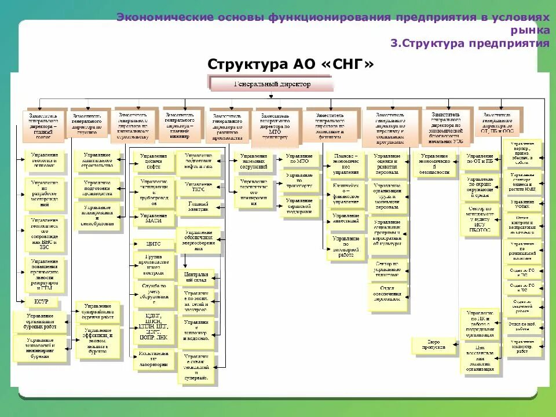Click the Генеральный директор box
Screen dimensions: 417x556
(x=272, y=85)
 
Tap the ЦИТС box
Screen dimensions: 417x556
(x=153, y=243)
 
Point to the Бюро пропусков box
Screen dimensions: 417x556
(x=436, y=346)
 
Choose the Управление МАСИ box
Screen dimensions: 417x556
(x=153, y=219)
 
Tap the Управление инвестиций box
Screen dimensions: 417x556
(x=346, y=220)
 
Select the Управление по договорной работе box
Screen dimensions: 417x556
(x=346, y=246)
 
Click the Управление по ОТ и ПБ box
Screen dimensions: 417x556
(x=480, y=160)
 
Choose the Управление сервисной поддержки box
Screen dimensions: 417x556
(x=298, y=207)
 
